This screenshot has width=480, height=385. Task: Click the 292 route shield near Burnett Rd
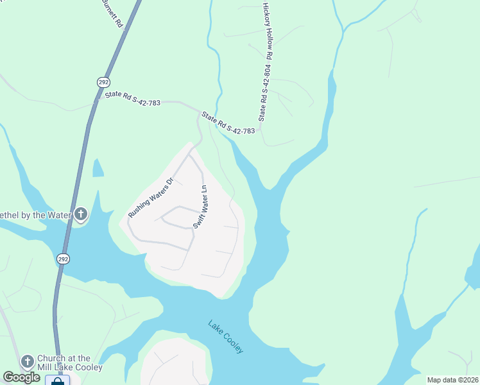(103, 81)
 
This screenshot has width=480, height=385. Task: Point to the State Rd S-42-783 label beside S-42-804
(228, 123)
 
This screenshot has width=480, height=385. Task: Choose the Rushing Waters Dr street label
(151, 197)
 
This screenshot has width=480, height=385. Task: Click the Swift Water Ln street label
(200, 207)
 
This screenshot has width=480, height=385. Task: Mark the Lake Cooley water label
(226, 336)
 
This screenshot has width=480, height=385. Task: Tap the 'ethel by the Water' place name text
(35, 214)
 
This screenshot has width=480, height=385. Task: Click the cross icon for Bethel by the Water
(80, 214)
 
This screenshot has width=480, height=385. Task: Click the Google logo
(22, 377)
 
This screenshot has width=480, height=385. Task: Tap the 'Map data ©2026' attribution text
(452, 380)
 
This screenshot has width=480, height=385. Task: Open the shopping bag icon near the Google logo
(57, 381)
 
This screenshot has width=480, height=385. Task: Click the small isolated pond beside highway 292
(98, 168)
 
